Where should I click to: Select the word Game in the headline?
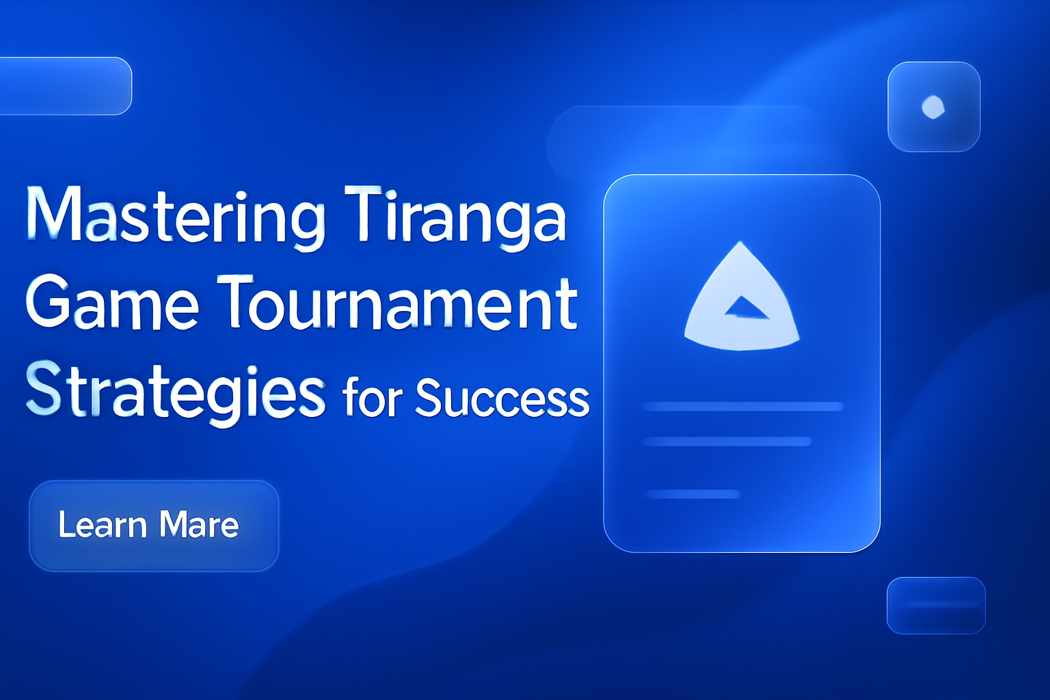[112, 304]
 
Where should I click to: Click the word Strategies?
[175, 391]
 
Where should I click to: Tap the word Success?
[502, 398]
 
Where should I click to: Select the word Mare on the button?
[199, 525]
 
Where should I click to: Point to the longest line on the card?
[743, 407]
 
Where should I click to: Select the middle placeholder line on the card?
[727, 442]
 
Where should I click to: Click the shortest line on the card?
[693, 494]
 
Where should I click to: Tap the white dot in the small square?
[933, 107]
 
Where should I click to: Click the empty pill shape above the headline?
[66, 86]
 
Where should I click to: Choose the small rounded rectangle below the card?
[936, 605]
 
